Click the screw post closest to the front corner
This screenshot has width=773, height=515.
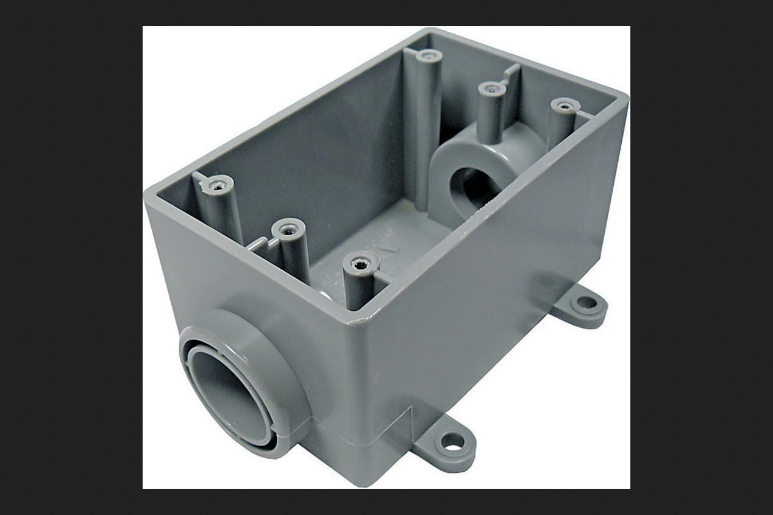(359, 264)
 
